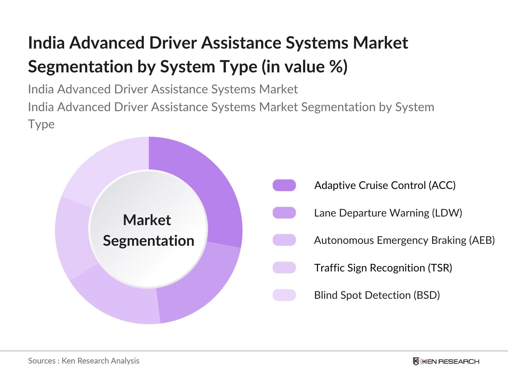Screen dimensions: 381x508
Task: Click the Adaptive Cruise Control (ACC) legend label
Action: pos(385,185)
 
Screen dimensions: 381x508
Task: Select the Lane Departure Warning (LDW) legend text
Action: pos(388,213)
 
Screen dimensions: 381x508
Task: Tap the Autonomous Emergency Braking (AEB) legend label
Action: pos(404,240)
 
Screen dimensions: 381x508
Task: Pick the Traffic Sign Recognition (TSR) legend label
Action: pos(383,268)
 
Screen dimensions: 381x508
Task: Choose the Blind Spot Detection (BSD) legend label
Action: pos(377,295)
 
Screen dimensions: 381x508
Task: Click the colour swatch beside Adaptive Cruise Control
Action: pos(284,185)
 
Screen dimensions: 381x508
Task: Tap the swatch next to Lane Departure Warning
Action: pos(284,213)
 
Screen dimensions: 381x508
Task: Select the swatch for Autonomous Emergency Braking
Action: pos(284,240)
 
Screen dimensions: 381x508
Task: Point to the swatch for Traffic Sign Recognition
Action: pos(284,268)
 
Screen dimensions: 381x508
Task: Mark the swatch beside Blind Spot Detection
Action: pos(284,295)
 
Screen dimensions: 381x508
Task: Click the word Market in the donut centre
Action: pos(147,220)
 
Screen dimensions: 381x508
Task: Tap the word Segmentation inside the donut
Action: pos(148,241)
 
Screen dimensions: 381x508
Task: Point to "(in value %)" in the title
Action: pos(304,67)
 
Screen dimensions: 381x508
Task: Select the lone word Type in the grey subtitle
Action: pos(41,124)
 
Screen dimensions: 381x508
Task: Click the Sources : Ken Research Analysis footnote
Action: pos(84,361)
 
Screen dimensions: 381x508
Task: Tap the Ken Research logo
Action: pos(446,361)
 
